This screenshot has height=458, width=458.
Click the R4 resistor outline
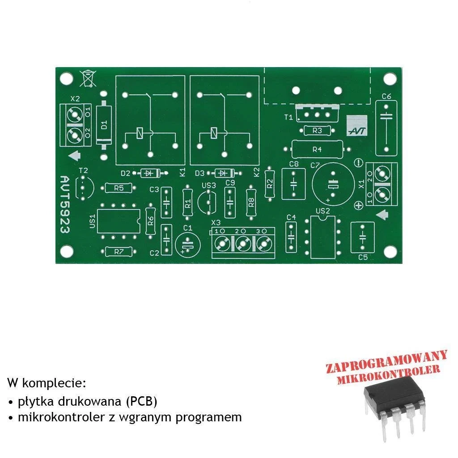coord(317,149)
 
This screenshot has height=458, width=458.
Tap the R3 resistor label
coord(317,131)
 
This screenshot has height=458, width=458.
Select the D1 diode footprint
coord(104,125)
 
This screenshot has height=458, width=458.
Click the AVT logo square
coord(356,126)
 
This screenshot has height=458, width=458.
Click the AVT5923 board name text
coord(65,204)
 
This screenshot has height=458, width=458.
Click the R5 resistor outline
coord(119,188)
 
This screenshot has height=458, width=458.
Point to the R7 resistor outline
coord(119,251)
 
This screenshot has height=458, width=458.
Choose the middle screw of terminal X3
coord(243,244)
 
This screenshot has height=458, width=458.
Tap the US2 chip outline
coord(322,237)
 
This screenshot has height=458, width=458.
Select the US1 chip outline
coord(119,221)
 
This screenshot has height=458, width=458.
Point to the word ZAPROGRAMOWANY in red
coord(386,362)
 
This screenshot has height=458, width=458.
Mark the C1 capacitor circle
coord(188,245)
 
